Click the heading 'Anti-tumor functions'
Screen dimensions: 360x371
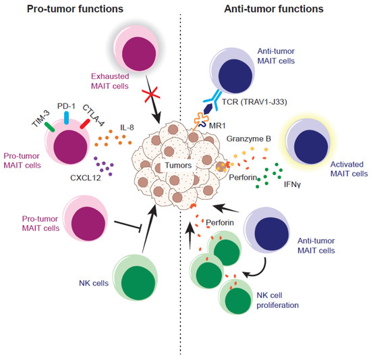coord(277,9)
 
